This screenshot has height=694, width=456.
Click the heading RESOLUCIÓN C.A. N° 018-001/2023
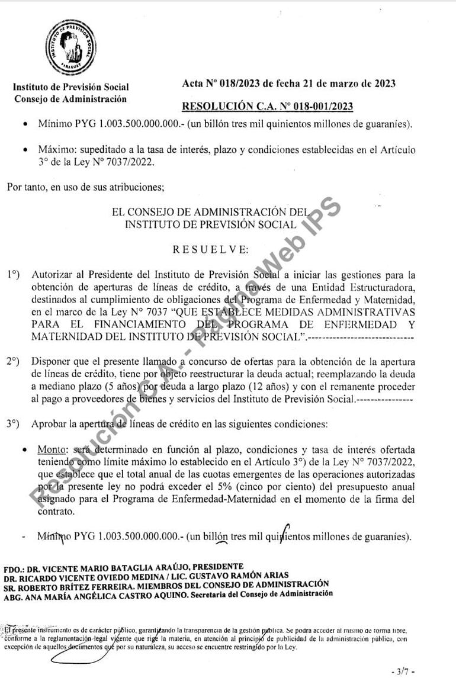[x=267, y=107]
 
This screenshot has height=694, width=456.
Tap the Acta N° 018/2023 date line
[x=289, y=83]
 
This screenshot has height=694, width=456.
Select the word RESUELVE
[x=211, y=249]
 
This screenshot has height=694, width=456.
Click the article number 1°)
[x=14, y=275]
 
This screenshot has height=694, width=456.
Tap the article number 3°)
[x=14, y=423]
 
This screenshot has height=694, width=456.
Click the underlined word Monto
[x=49, y=449]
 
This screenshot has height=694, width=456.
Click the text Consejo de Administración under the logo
[x=70, y=99]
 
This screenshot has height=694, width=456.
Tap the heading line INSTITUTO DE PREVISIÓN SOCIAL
[x=210, y=224]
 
